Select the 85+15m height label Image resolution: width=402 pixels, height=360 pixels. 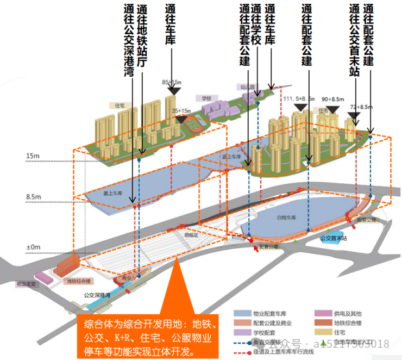(x=172, y=82)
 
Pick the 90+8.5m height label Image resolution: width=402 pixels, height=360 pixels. (x=333, y=100)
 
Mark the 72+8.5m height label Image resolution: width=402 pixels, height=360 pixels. (x=360, y=107)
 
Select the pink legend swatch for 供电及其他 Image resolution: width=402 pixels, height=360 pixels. (x=322, y=314)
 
